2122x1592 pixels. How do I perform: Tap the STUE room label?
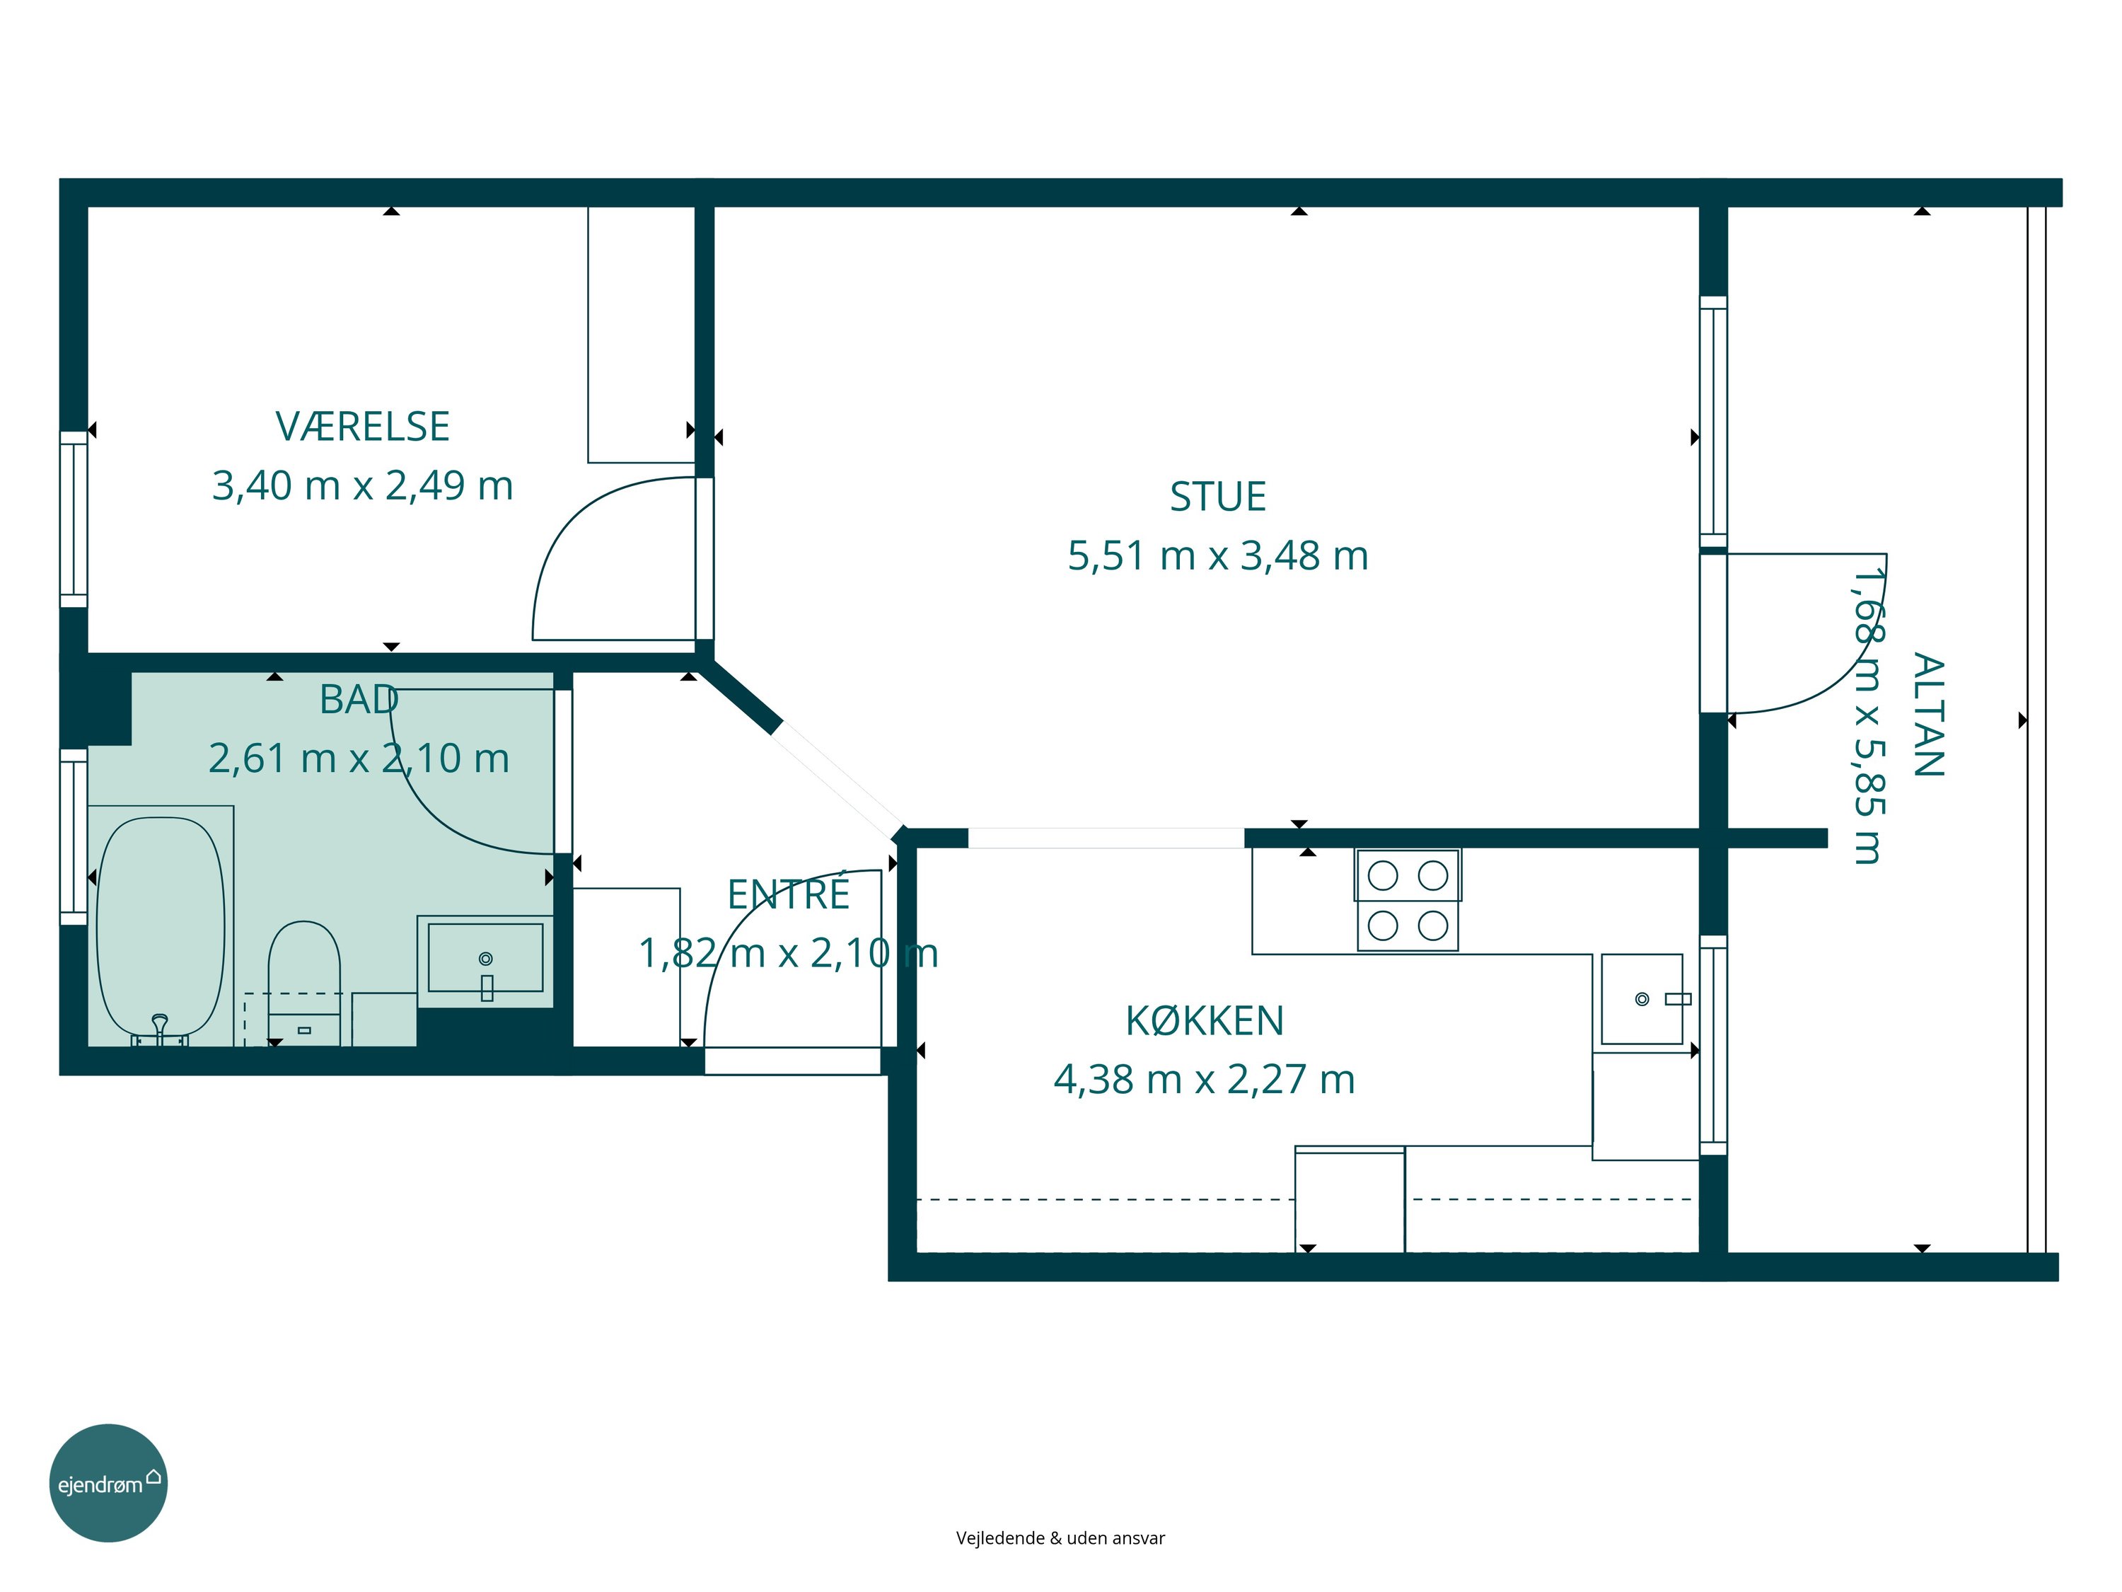[1217, 497]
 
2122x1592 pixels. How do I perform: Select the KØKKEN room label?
[1204, 1021]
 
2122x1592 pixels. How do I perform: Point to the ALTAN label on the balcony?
[1928, 715]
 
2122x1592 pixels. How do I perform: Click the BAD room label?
[359, 700]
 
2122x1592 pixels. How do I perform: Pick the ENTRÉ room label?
[789, 894]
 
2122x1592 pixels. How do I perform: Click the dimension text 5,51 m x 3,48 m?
[1217, 555]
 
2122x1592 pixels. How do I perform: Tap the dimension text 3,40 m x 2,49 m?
[363, 485]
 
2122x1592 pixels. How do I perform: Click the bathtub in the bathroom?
[161, 927]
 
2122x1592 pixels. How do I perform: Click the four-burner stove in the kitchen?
[1408, 900]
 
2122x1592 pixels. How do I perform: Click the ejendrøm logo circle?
[108, 1482]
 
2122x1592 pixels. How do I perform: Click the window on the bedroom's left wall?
[74, 519]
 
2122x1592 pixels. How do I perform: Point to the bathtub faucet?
[160, 1028]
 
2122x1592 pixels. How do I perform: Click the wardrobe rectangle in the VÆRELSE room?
[642, 335]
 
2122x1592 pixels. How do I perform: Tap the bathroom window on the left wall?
[74, 837]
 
